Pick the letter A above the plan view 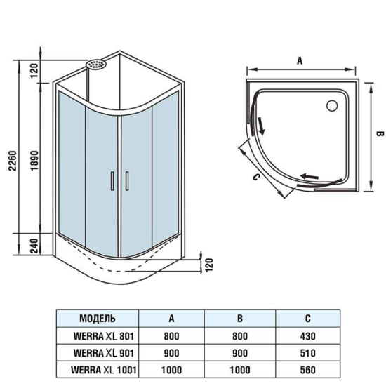pos(300,61)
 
